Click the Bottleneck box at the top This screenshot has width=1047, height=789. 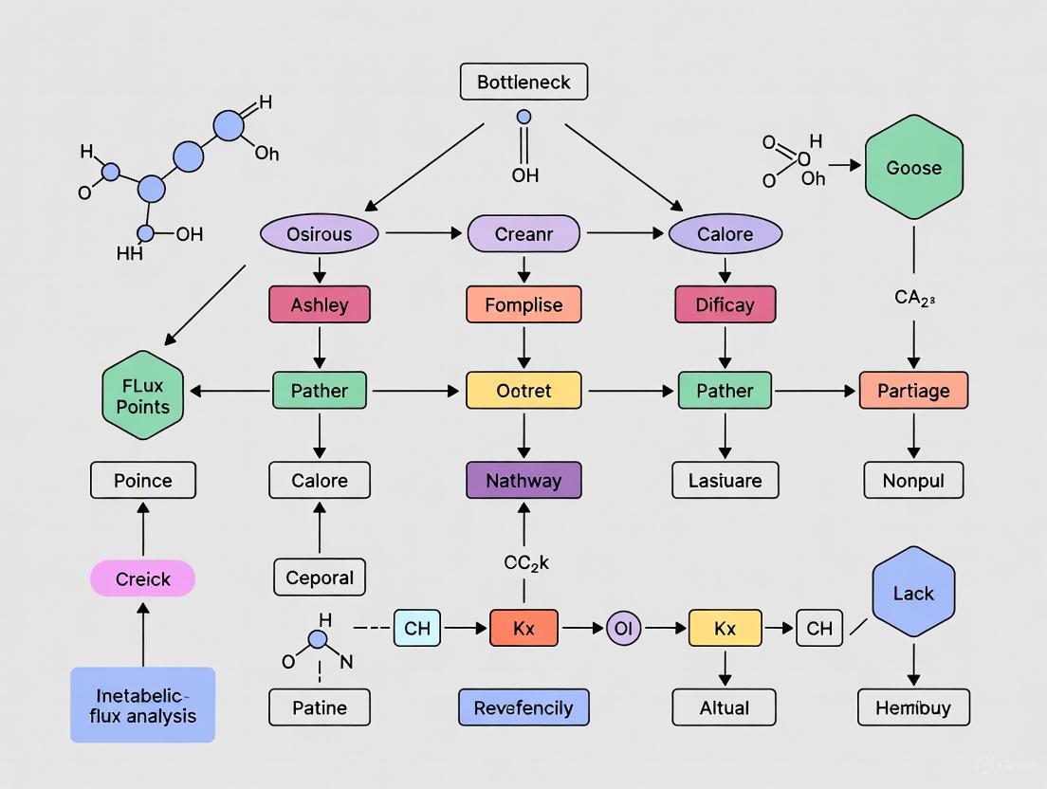(523, 83)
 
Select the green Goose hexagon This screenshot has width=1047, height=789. (913, 168)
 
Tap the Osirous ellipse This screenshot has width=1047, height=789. (319, 234)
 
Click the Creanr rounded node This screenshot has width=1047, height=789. (523, 234)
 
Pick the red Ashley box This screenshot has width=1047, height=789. (320, 305)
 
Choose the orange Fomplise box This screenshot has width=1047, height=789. (523, 305)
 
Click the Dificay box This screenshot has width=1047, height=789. (726, 305)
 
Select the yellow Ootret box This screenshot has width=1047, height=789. (523, 391)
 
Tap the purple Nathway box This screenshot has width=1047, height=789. (523, 481)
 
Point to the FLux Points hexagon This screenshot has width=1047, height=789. (143, 395)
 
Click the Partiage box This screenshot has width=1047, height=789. (913, 391)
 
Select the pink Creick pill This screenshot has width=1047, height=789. (143, 578)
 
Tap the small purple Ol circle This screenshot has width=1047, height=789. (624, 629)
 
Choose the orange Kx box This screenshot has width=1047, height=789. (523, 629)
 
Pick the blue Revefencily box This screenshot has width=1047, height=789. (523, 707)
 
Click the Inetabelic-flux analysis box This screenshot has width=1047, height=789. (143, 705)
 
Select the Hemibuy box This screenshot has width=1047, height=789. (913, 707)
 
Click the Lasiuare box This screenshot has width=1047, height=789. (726, 481)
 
